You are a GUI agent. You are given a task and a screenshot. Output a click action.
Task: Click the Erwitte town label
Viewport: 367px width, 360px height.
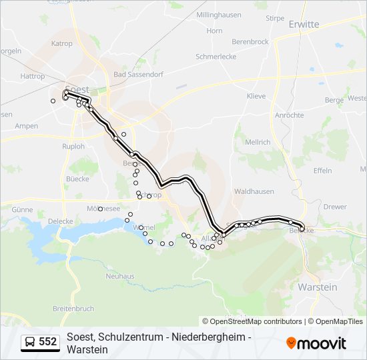304,25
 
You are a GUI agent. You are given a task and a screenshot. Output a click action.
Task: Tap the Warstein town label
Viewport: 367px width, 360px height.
318,287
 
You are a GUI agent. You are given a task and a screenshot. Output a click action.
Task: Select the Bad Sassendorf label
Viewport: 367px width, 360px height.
138,75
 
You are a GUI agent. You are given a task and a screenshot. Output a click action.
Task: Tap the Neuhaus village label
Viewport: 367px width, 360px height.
120,276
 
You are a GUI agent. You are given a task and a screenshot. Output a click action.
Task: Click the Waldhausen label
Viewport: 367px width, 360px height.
254,191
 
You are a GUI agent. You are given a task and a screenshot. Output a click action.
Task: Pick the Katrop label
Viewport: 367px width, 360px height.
62,43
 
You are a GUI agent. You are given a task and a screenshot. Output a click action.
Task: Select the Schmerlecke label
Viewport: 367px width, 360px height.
216,57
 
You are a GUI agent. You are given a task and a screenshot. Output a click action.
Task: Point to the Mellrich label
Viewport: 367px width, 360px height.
258,142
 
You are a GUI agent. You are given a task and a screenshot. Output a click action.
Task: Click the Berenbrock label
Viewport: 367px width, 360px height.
250,41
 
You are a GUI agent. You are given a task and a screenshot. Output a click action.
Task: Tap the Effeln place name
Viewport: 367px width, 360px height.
322,171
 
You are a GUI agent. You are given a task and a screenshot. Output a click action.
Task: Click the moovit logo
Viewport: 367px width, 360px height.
316,343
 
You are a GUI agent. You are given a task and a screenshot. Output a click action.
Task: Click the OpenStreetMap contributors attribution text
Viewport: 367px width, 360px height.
252,321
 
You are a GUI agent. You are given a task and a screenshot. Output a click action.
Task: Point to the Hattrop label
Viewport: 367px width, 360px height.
33,77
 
